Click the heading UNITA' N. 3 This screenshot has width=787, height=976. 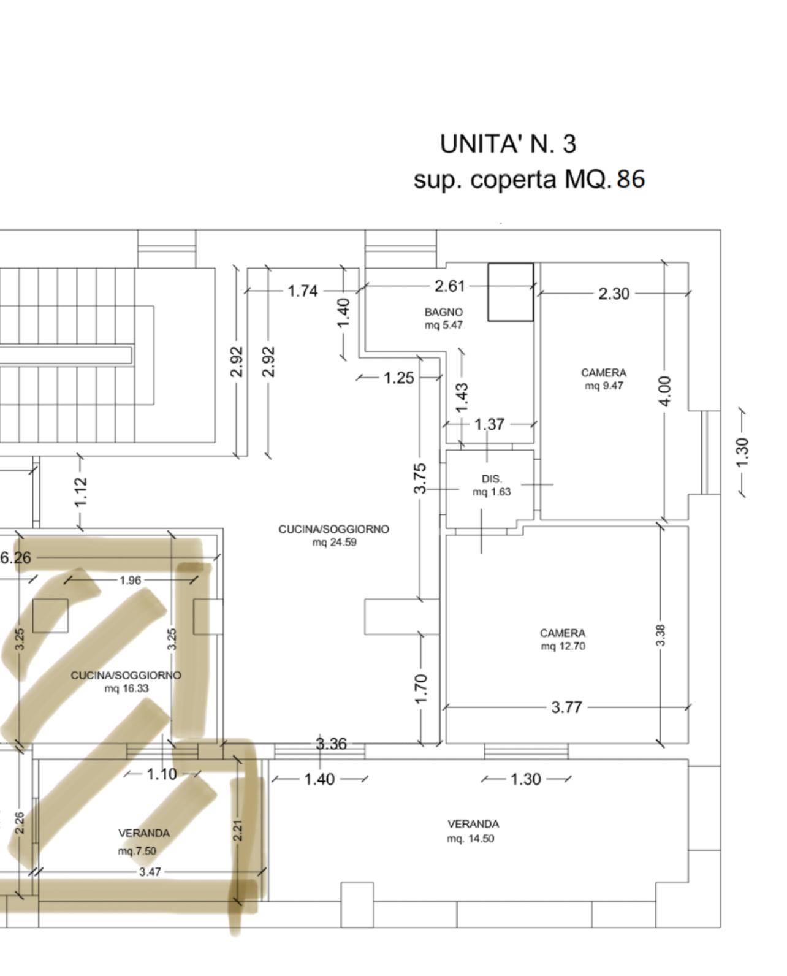tap(508, 144)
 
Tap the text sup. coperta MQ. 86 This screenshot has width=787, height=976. tap(529, 179)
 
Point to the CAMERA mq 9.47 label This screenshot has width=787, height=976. tap(604, 379)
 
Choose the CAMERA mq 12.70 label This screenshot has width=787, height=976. tap(563, 639)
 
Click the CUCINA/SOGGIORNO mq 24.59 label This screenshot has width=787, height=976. tap(334, 536)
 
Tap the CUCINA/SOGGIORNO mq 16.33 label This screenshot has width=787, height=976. tap(126, 682)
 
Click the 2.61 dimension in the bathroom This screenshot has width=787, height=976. tap(449, 286)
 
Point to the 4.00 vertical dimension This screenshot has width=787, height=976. tap(664, 391)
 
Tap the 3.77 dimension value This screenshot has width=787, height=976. tap(566, 707)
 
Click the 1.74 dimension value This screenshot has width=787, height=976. tap(303, 291)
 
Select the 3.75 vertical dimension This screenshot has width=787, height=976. tap(420, 478)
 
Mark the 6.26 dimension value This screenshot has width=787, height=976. tap(15, 558)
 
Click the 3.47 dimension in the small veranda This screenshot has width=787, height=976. tap(150, 872)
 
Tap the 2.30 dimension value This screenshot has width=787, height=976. tap(614, 294)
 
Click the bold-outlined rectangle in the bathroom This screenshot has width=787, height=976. tap(511, 292)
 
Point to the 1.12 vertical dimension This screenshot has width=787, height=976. tap(80, 492)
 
